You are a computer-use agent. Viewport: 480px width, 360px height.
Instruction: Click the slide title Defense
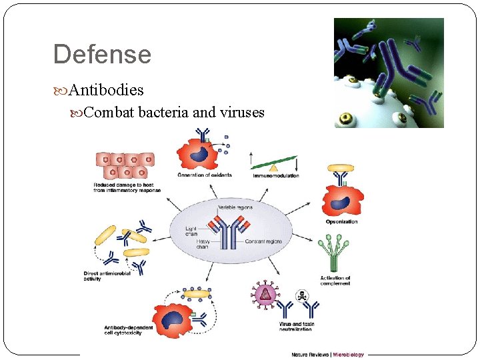click(102, 54)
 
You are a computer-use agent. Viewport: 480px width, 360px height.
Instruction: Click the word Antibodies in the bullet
click(106, 89)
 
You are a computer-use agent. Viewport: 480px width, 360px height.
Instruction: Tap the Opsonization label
click(341, 221)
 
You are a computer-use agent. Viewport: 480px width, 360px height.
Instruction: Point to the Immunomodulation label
click(275, 175)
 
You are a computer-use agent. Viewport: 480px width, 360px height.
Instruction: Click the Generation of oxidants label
click(204, 175)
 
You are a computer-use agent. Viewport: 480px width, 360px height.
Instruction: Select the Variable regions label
click(235, 207)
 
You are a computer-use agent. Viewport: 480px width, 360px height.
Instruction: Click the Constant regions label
click(263, 241)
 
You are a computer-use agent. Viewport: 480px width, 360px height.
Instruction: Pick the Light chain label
click(192, 231)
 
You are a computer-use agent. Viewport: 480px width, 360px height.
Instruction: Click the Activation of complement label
click(335, 281)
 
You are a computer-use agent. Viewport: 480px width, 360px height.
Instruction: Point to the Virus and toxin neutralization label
click(297, 327)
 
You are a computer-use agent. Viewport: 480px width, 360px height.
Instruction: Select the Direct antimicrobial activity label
click(105, 276)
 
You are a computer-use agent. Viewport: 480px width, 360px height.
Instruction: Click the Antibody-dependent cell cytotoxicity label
click(129, 330)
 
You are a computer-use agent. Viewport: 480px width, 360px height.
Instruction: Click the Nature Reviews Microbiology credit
click(327, 354)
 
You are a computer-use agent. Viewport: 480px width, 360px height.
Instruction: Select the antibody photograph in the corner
click(388, 73)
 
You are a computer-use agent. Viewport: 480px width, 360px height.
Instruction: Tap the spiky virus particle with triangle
click(265, 294)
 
